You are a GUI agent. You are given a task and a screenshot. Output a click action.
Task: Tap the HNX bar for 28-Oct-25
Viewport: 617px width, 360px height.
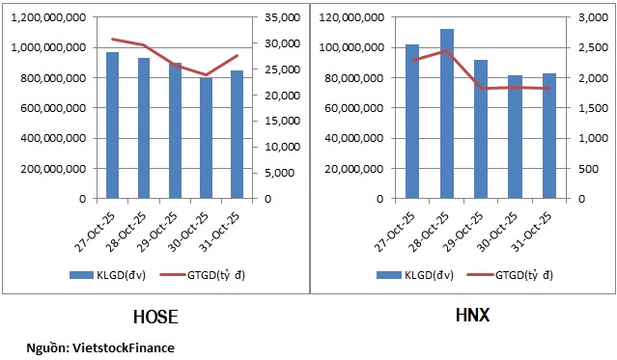click(x=447, y=114)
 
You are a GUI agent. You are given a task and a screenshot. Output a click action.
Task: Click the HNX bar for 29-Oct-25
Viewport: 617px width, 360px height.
click(x=481, y=129)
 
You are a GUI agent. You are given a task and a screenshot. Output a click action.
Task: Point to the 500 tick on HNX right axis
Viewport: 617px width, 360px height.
click(x=588, y=169)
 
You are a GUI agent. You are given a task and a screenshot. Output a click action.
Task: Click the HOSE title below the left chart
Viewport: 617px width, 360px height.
click(x=155, y=317)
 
